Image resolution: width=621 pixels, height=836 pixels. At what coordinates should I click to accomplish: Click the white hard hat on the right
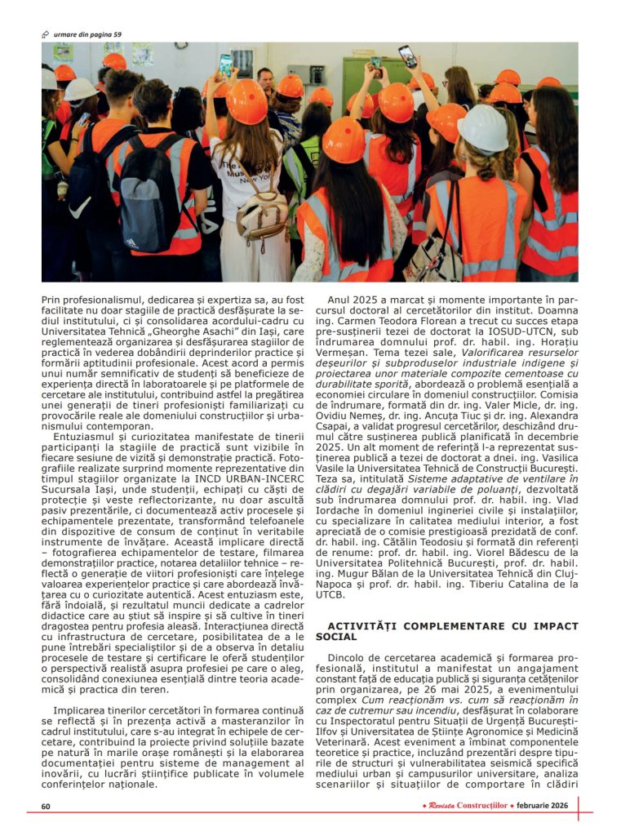point(483,127)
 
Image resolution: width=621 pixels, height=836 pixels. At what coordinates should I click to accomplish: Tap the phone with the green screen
point(225,64)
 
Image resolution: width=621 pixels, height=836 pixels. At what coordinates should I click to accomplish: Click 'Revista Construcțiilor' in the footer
point(464,806)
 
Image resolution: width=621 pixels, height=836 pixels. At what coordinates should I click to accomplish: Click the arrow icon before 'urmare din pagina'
point(46,33)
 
